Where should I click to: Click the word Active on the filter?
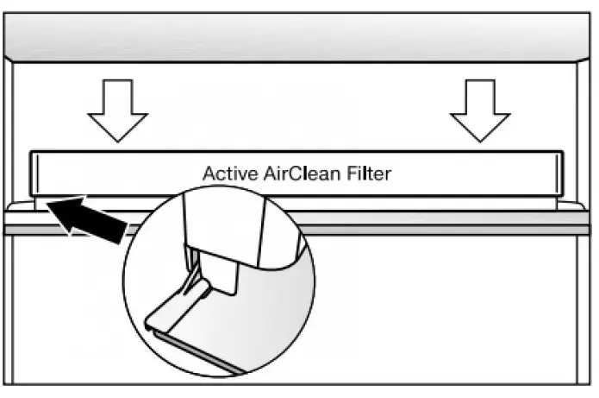(225, 174)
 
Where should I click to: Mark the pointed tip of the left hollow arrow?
(118, 140)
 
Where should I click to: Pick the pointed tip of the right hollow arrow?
(481, 140)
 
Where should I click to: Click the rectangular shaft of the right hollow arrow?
(481, 96)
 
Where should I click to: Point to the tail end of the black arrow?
(121, 235)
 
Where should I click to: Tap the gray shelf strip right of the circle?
(448, 229)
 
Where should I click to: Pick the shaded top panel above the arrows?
(298, 39)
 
